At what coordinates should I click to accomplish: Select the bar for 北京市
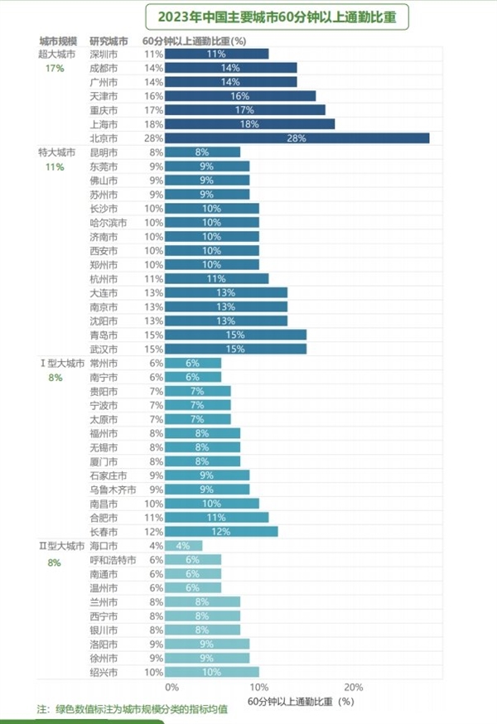point(297,138)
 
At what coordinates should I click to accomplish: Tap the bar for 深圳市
point(216,54)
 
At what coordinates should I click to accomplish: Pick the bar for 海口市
point(183,545)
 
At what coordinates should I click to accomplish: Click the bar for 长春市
point(221,531)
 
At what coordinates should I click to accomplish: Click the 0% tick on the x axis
point(171,687)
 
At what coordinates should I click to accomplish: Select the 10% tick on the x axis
point(259,687)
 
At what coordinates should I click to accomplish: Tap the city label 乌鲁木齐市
point(113,490)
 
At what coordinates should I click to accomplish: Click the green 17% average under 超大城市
point(55,69)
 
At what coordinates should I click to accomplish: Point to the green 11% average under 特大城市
point(55,167)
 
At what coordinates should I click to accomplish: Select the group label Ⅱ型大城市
point(61,545)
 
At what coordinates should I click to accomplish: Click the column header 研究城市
point(109,41)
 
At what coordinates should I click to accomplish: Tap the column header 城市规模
point(58,41)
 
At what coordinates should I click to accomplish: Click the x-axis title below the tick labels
point(301,702)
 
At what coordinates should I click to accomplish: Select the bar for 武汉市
point(235,349)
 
